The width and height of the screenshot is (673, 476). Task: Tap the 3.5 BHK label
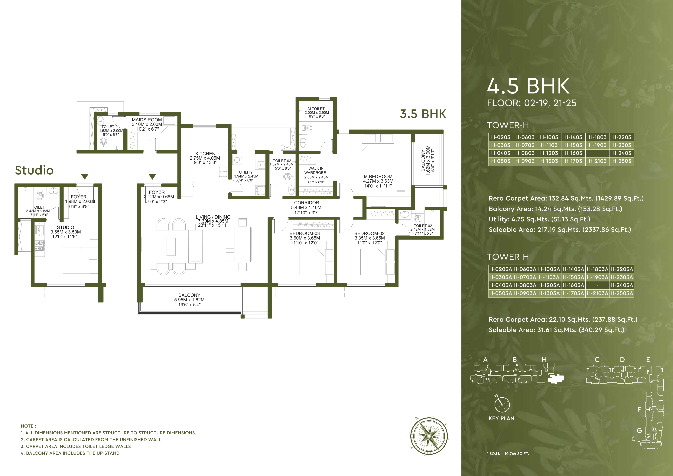423,114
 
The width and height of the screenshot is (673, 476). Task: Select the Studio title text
34,170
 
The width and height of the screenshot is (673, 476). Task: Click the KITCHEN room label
205,154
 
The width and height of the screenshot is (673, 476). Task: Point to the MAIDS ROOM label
147,120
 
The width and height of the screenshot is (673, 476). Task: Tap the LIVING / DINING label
213,217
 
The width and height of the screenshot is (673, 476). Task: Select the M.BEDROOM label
378,176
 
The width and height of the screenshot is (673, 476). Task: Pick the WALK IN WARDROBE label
316,171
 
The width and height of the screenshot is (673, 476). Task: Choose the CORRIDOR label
307,203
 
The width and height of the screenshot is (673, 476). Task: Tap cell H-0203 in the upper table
501,137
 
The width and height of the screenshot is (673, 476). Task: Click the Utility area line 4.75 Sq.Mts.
539,219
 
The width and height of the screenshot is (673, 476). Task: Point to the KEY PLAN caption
501,419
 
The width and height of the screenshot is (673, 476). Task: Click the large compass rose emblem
429,436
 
